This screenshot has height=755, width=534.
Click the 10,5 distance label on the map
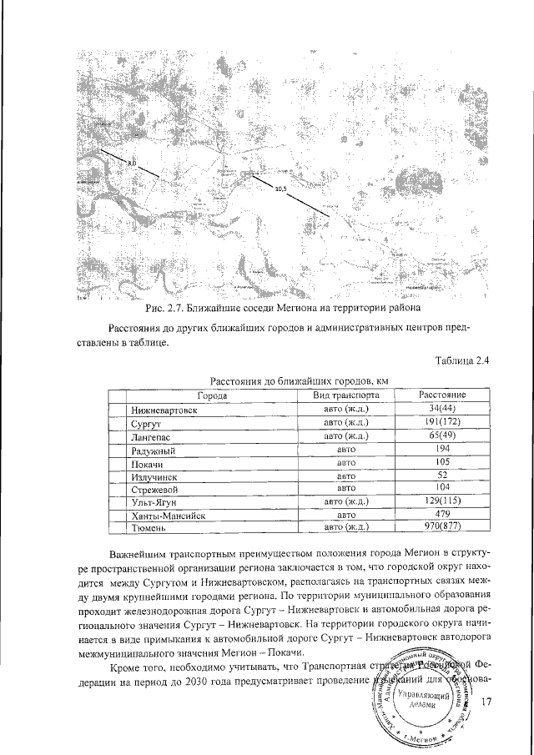pyautogui.click(x=280, y=189)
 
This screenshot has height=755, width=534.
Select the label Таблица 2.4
pyautogui.click(x=462, y=360)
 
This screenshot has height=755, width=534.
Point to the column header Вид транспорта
pyautogui.click(x=346, y=395)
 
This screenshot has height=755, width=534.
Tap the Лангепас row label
pyautogui.click(x=154, y=437)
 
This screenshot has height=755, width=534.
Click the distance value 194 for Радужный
pyautogui.click(x=443, y=450)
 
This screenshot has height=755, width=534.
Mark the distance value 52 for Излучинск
pyautogui.click(x=443, y=476)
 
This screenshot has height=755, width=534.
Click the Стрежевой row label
pyautogui.click(x=157, y=489)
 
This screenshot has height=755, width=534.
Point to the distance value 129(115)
pyautogui.click(x=443, y=501)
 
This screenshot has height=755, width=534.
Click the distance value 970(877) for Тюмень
pyautogui.click(x=443, y=527)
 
